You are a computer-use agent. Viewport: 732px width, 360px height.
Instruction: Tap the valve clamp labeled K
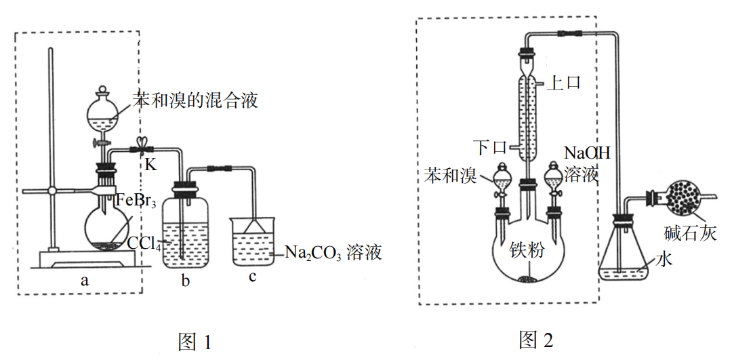pos(142,147)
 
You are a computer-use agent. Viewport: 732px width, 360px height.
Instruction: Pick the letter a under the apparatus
pos(84,279)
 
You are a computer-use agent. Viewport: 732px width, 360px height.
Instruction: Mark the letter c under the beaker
pos(252,278)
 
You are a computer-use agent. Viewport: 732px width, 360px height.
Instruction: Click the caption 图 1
pos(195,341)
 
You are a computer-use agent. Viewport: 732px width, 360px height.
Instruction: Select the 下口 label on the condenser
pos(491,146)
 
